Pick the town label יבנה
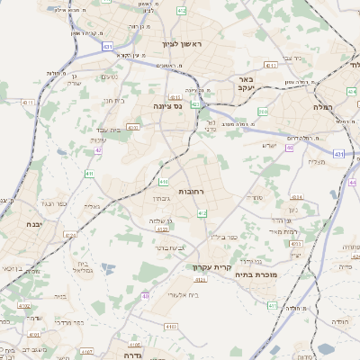34,223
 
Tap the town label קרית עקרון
212,267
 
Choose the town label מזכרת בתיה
279,274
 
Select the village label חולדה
339,320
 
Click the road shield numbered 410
163,183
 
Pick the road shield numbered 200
263,111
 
